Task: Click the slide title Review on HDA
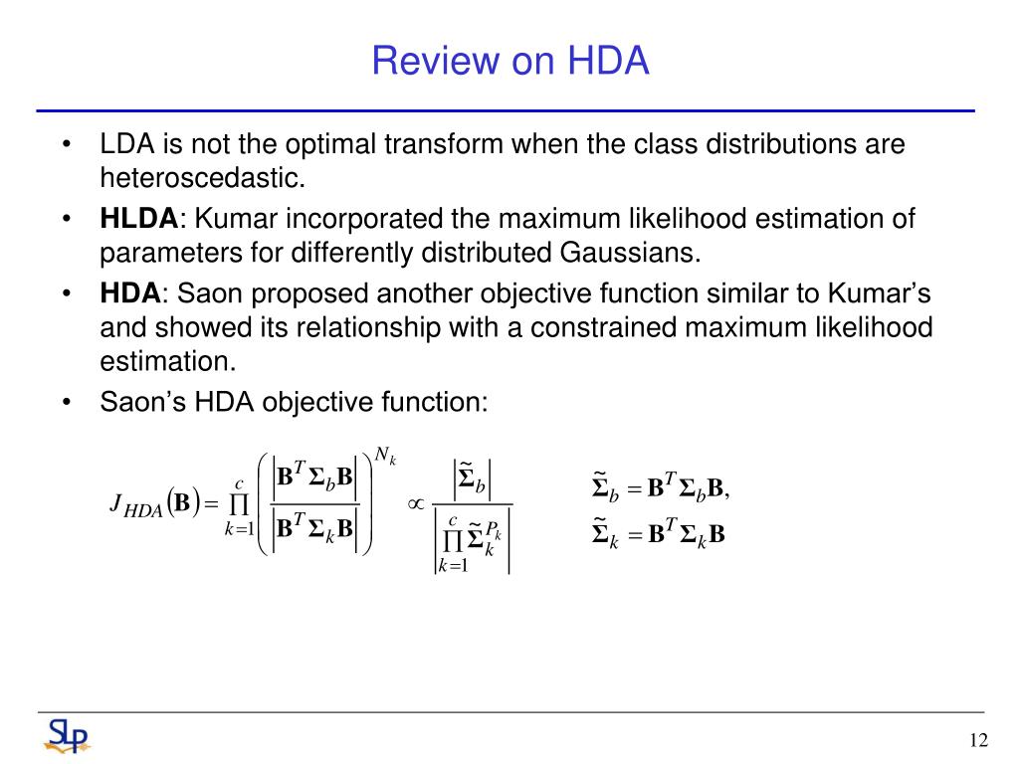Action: click(510, 61)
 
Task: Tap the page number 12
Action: click(978, 740)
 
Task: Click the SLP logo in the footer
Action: click(67, 736)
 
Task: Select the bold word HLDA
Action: click(138, 218)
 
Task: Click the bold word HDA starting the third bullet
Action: click(130, 293)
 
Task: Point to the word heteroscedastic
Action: click(203, 177)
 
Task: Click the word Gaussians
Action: click(630, 252)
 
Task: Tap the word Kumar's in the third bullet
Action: click(880, 293)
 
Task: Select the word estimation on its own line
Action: click(167, 361)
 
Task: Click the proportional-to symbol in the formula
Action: click(415, 503)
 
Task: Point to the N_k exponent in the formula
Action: click(385, 456)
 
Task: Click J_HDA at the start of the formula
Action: click(135, 504)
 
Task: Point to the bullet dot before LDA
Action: click(66, 144)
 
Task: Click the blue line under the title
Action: click(506, 111)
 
